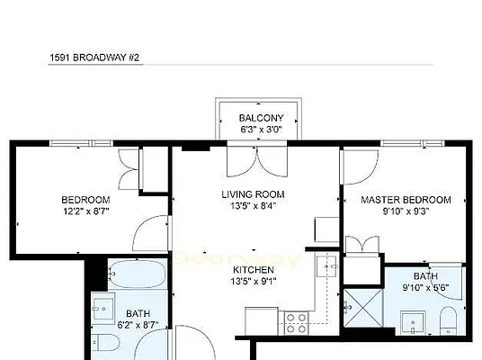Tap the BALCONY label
261,118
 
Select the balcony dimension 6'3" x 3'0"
261,130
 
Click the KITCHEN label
253,269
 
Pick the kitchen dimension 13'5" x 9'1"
253,281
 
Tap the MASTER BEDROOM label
405,200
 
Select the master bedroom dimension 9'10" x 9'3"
405,211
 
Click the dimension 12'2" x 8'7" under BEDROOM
85,211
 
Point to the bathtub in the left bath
137,273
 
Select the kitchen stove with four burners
296,321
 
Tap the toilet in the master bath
448,319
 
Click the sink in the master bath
413,319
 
